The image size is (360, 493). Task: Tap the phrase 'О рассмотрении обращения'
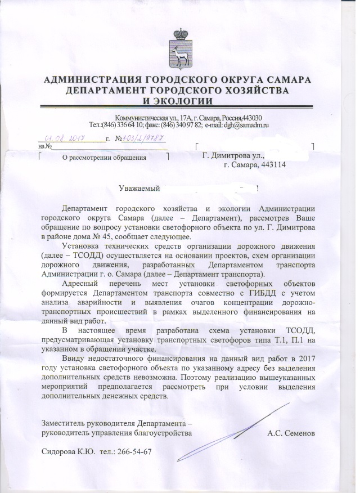103,158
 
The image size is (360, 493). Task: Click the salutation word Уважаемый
141,189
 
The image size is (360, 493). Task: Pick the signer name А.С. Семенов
291,433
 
